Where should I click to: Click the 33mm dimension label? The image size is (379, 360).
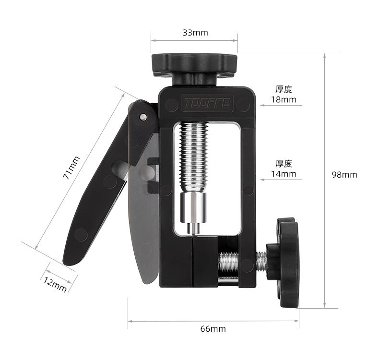click(x=195, y=33)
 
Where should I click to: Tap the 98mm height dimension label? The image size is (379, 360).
click(x=344, y=175)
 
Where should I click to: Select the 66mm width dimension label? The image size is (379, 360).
click(x=213, y=329)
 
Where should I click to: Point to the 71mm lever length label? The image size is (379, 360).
click(x=71, y=168)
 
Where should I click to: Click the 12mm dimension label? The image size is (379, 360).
click(x=55, y=284)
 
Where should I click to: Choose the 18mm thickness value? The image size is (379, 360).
click(x=284, y=100)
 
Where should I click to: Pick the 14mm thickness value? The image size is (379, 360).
click(x=284, y=174)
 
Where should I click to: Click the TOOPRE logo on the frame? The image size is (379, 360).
click(x=207, y=103)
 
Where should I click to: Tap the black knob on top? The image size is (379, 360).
click(x=194, y=69)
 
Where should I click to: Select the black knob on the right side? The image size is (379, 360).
click(x=284, y=263)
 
